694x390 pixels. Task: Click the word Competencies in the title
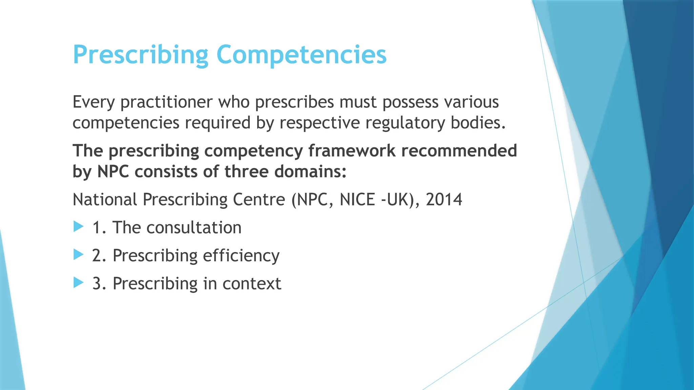coord(301,55)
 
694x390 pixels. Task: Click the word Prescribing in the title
coord(141,55)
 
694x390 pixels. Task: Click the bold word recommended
coord(459,151)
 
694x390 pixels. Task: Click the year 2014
coord(444,200)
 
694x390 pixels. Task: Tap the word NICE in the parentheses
coord(358,200)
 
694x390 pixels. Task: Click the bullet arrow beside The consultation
coord(78,226)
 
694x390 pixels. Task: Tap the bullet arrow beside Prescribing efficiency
coord(78,255)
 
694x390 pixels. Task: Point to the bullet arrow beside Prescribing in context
coord(78,282)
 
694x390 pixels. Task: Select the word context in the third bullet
coord(252,284)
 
